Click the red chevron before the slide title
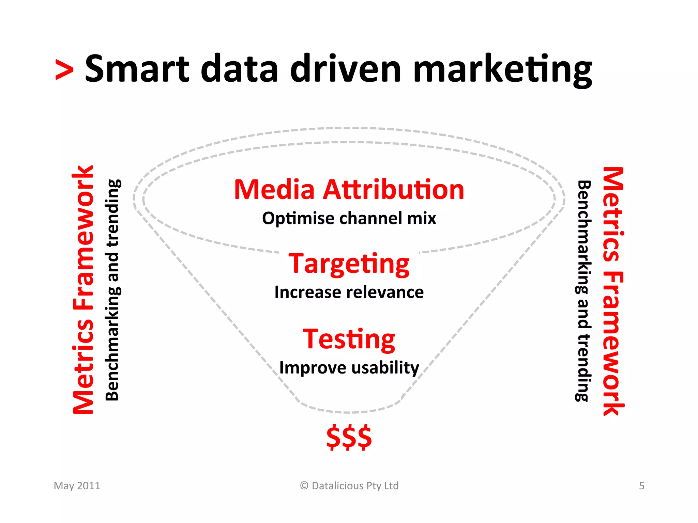pyautogui.click(x=64, y=70)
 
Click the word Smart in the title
pyautogui.click(x=137, y=69)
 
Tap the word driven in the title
pyautogui.click(x=346, y=69)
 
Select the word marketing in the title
pyautogui.click(x=502, y=70)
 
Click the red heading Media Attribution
pyautogui.click(x=349, y=190)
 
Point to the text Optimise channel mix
pyautogui.click(x=349, y=218)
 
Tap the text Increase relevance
pyautogui.click(x=349, y=292)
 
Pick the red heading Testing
pyautogui.click(x=349, y=339)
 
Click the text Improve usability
pyautogui.click(x=349, y=368)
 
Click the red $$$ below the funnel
pyautogui.click(x=349, y=437)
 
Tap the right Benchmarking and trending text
pyautogui.click(x=583, y=291)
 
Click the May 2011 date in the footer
pyautogui.click(x=77, y=486)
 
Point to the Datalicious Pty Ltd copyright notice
pyautogui.click(x=349, y=486)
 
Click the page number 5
pyautogui.click(x=641, y=486)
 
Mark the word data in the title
pyautogui.click(x=239, y=69)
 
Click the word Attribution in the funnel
pyautogui.click(x=394, y=190)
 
